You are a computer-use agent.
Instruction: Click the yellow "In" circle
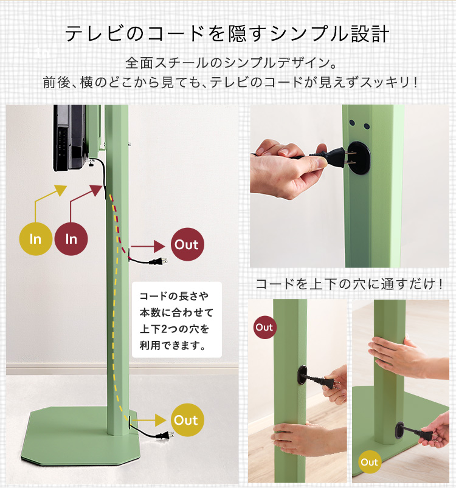point(35,239)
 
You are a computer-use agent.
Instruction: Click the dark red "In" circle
point(71,239)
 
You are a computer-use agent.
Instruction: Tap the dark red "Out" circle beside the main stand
point(187,244)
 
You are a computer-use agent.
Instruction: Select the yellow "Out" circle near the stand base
point(187,420)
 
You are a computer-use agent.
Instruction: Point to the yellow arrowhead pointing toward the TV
point(60,190)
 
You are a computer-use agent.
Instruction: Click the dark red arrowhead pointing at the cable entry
point(96,190)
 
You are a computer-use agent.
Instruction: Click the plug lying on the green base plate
point(165,436)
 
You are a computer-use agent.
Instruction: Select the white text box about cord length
point(177,320)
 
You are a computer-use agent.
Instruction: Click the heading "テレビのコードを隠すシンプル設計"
point(227,33)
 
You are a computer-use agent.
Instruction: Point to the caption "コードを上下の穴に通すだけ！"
point(349,284)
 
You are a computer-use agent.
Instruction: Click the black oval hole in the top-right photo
point(359,158)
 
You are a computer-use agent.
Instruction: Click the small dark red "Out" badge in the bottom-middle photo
point(264,328)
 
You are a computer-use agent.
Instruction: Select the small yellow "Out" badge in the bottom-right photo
point(370,462)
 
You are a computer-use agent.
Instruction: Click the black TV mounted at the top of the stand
point(70,137)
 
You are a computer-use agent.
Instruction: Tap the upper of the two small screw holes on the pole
point(352,123)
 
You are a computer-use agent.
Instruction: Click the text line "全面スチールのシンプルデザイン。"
point(231,63)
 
